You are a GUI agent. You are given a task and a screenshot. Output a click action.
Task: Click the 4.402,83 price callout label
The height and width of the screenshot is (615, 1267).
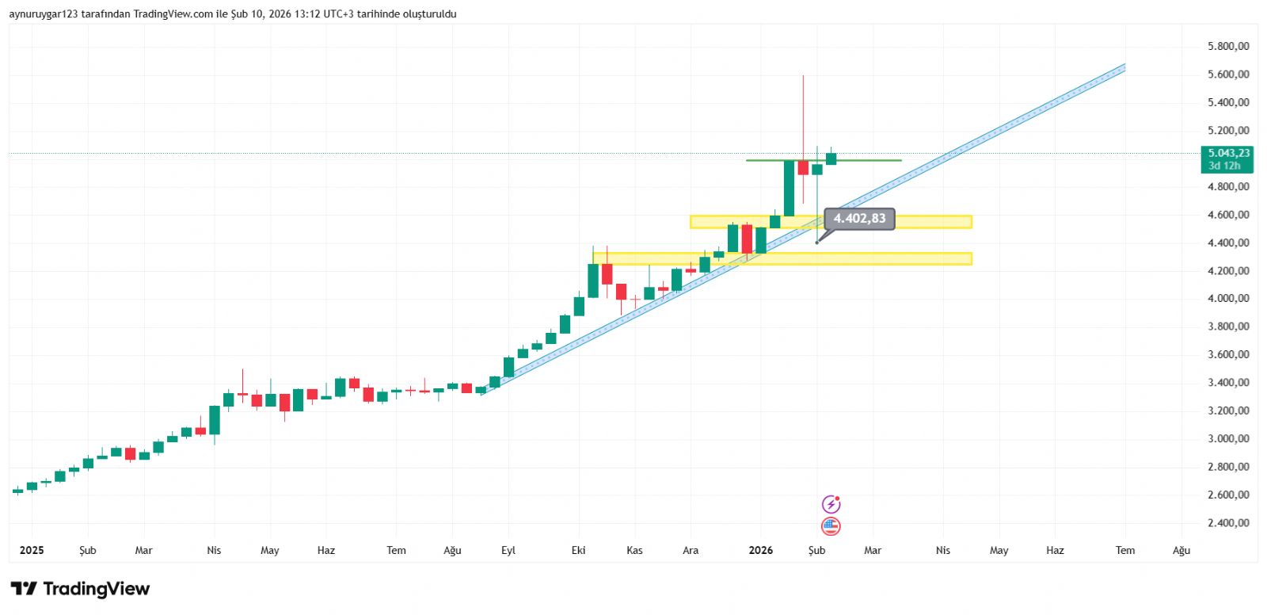click(859, 219)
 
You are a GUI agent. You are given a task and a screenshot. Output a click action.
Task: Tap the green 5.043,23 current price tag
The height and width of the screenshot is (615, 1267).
click(1227, 159)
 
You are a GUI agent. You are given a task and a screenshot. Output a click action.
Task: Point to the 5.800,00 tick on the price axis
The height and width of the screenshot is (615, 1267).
click(1228, 47)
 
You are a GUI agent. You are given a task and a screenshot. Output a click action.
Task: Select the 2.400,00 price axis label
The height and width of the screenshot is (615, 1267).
click(1228, 523)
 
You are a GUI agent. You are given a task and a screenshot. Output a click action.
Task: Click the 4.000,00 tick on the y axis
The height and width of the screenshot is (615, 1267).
click(1228, 299)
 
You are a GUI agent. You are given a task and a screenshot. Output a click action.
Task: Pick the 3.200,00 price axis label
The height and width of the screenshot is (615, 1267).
click(1228, 411)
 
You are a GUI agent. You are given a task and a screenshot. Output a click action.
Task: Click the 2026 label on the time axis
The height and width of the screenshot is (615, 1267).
click(761, 550)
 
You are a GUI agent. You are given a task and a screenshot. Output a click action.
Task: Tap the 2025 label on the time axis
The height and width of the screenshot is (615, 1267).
click(32, 550)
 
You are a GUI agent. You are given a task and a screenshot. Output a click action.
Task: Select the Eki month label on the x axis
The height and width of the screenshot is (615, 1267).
click(579, 550)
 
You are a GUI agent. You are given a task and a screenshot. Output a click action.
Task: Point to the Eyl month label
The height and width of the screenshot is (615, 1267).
click(508, 550)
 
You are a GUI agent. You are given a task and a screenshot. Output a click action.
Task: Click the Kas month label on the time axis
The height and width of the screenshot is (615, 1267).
click(634, 550)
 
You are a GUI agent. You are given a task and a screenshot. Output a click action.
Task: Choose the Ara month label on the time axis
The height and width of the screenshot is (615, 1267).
click(691, 550)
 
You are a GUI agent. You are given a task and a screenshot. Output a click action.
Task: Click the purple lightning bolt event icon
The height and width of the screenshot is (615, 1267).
click(831, 504)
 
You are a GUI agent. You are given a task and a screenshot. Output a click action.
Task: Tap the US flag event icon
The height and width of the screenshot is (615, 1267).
click(831, 526)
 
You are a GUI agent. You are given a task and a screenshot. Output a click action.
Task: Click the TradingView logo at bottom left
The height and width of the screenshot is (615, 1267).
click(80, 589)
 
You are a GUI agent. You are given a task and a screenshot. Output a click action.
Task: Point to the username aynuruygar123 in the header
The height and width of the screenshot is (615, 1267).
click(44, 14)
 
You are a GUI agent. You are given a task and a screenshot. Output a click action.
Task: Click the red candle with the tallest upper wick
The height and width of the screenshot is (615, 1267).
click(803, 167)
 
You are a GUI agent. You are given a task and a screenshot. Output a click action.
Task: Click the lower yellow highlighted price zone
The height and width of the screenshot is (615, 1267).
click(871, 258)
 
